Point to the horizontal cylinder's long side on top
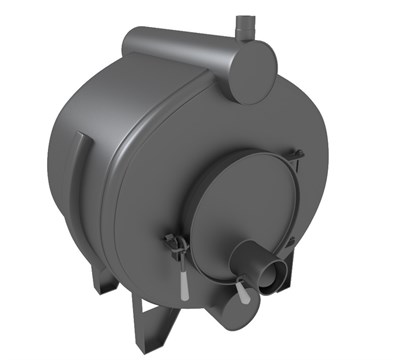[x=180, y=44]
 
